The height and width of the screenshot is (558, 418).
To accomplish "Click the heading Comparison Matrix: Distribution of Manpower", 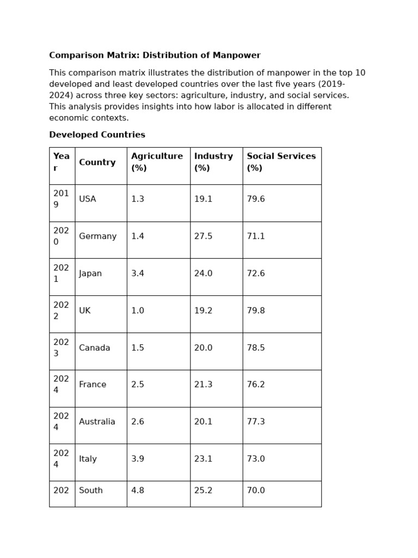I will pyautogui.click(x=155, y=56).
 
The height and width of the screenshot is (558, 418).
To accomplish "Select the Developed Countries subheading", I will pyautogui.click(x=97, y=135).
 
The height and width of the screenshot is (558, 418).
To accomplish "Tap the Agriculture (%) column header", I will pyautogui.click(x=157, y=162).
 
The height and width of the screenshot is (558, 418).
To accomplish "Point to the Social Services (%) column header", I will pyautogui.click(x=281, y=162).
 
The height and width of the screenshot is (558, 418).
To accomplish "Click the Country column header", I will pyautogui.click(x=97, y=162).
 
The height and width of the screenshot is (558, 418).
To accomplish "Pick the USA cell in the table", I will pyautogui.click(x=88, y=199).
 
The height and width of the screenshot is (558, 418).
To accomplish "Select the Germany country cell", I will pyautogui.click(x=97, y=236).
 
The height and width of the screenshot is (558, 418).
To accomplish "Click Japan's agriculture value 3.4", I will pyautogui.click(x=138, y=274).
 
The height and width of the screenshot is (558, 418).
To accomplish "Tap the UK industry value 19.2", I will pyautogui.click(x=203, y=311).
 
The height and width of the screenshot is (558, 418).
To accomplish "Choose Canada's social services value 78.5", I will pyautogui.click(x=256, y=348).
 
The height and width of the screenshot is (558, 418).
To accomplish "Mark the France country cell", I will pyautogui.click(x=93, y=385).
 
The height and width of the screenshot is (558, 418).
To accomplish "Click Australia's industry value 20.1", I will pyautogui.click(x=203, y=422).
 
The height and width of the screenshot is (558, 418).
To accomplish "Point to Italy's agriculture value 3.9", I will pyautogui.click(x=138, y=459).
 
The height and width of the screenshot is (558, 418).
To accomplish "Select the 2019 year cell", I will pyautogui.click(x=61, y=199).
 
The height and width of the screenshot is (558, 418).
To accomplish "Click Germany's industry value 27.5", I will pyautogui.click(x=203, y=236).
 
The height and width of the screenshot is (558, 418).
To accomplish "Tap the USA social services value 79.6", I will pyautogui.click(x=256, y=199).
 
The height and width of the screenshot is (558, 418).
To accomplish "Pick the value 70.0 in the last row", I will pyautogui.click(x=256, y=490).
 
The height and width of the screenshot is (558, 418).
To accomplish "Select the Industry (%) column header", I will pyautogui.click(x=213, y=162).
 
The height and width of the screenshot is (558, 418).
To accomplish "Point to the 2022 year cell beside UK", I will pyautogui.click(x=61, y=311).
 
